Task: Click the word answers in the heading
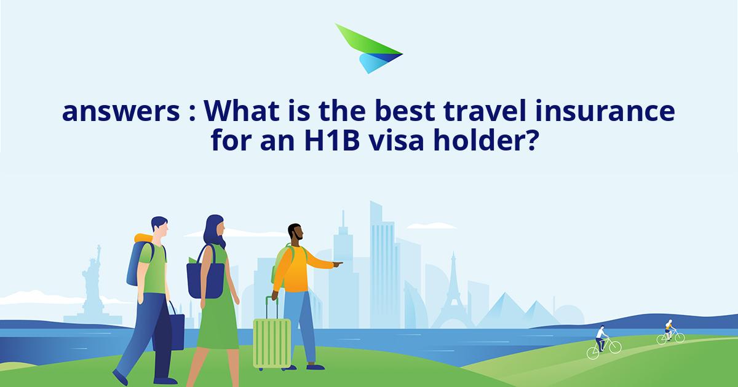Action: click(121, 111)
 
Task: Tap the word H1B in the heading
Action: click(331, 141)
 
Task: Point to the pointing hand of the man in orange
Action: click(338, 264)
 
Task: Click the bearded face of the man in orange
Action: click(296, 232)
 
